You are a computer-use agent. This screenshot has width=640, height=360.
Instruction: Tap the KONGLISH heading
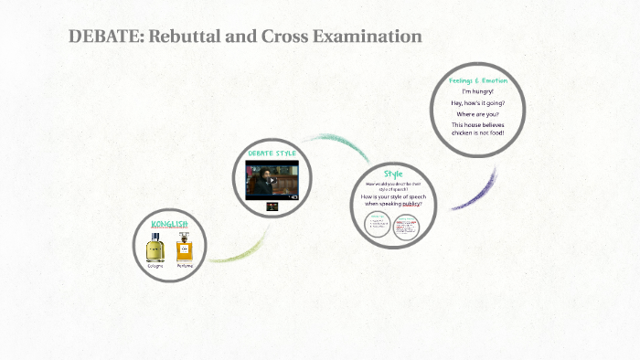(x=170, y=223)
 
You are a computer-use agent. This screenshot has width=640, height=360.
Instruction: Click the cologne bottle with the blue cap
(x=155, y=248)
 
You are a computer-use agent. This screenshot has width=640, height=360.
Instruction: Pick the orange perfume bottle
(x=185, y=248)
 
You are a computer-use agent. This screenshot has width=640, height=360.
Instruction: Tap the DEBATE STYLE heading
(x=272, y=154)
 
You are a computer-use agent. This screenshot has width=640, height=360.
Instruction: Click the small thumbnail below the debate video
(x=272, y=206)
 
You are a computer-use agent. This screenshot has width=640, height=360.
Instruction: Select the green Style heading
(x=393, y=174)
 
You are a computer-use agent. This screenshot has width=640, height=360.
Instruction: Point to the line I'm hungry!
(x=477, y=91)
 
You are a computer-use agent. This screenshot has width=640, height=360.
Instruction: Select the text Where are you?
(x=477, y=114)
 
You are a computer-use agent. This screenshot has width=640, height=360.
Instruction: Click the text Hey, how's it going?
(x=477, y=102)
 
